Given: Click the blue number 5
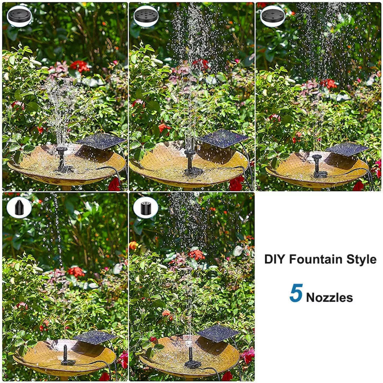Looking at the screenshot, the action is click(296, 293).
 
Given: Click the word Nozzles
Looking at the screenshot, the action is click(329, 298).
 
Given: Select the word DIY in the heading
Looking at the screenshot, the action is click(274, 259).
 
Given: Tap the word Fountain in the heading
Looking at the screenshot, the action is click(315, 259).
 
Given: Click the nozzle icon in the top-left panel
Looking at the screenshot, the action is click(19, 16).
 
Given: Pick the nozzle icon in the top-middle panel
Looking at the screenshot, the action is click(146, 16).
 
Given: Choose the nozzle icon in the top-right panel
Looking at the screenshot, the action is click(273, 16).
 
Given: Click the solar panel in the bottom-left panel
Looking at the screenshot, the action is click(95, 337).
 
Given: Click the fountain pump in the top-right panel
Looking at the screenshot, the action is click(318, 166).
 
